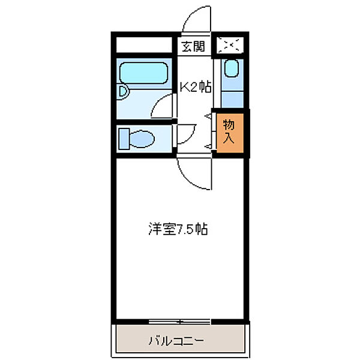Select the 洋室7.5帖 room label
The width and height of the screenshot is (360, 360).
[x=178, y=229]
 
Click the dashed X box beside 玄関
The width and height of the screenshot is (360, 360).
[x=230, y=46]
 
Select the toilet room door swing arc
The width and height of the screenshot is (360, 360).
[x=186, y=134]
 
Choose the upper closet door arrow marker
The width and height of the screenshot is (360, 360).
[x=208, y=115]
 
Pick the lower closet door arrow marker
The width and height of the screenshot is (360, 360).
[x=208, y=146]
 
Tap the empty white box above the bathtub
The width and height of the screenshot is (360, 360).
[x=145, y=46]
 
